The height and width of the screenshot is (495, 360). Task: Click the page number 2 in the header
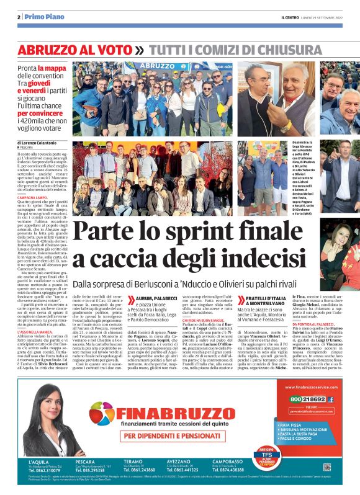[x=19, y=16]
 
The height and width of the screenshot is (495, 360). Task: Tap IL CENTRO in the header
[x=292, y=17]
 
